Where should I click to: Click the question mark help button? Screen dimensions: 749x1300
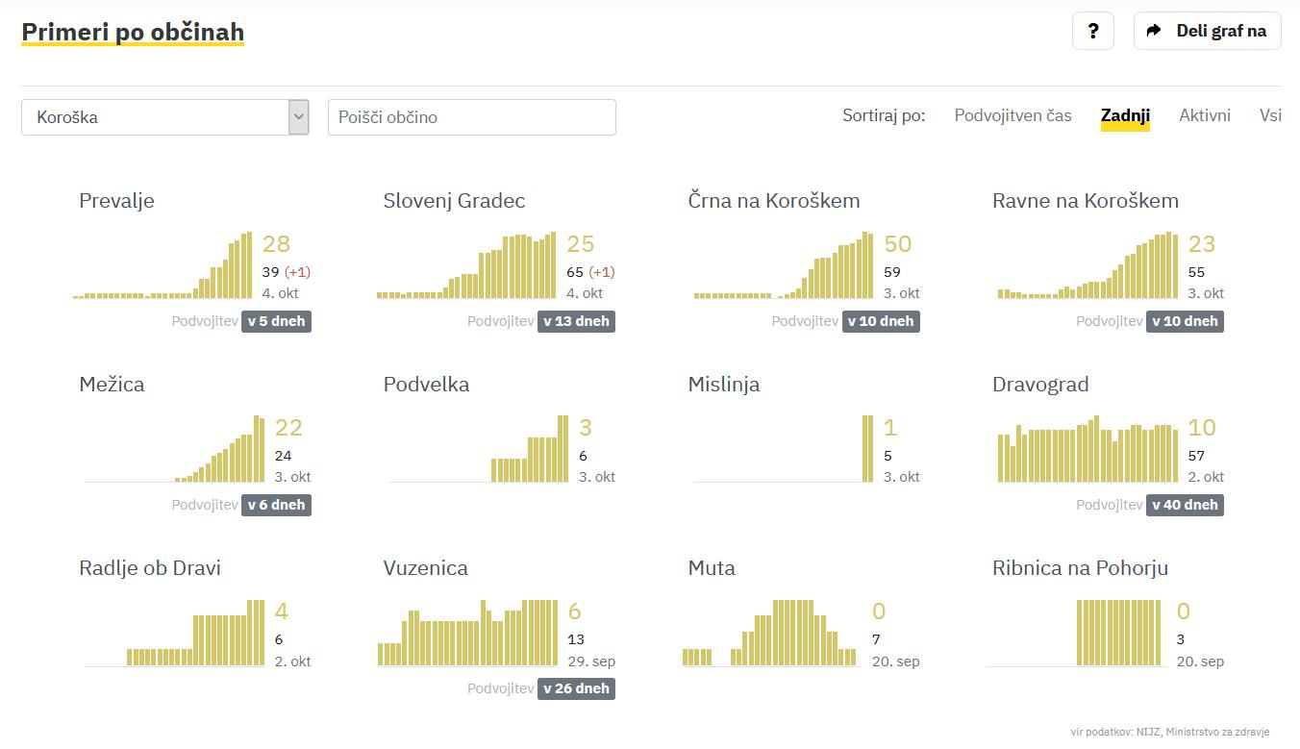click(1092, 31)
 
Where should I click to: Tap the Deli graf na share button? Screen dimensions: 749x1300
click(1207, 31)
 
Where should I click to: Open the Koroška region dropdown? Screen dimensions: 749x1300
click(165, 117)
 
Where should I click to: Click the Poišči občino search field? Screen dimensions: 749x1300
click(471, 117)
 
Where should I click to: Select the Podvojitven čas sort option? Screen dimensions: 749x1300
click(1012, 115)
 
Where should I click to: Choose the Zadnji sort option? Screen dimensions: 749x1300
click(1125, 115)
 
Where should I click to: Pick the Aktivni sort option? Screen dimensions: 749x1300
click(1205, 115)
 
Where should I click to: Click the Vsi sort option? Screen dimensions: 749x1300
click(1270, 115)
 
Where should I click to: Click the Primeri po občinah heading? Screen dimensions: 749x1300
click(133, 32)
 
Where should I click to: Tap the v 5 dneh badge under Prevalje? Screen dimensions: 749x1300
click(276, 321)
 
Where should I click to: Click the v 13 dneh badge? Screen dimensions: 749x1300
click(576, 321)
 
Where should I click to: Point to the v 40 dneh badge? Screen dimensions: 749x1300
click(1185, 505)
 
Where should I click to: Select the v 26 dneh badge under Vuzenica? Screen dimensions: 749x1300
click(576, 688)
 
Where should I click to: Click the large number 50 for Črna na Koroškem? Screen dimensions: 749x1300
click(897, 244)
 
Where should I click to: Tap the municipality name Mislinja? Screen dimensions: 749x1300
click(723, 385)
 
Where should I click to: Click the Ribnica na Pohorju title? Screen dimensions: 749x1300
click(1080, 568)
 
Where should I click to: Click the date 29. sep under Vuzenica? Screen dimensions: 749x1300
click(591, 662)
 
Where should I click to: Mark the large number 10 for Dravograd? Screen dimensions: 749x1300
click(1202, 428)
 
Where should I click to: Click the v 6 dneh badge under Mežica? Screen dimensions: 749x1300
click(276, 505)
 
